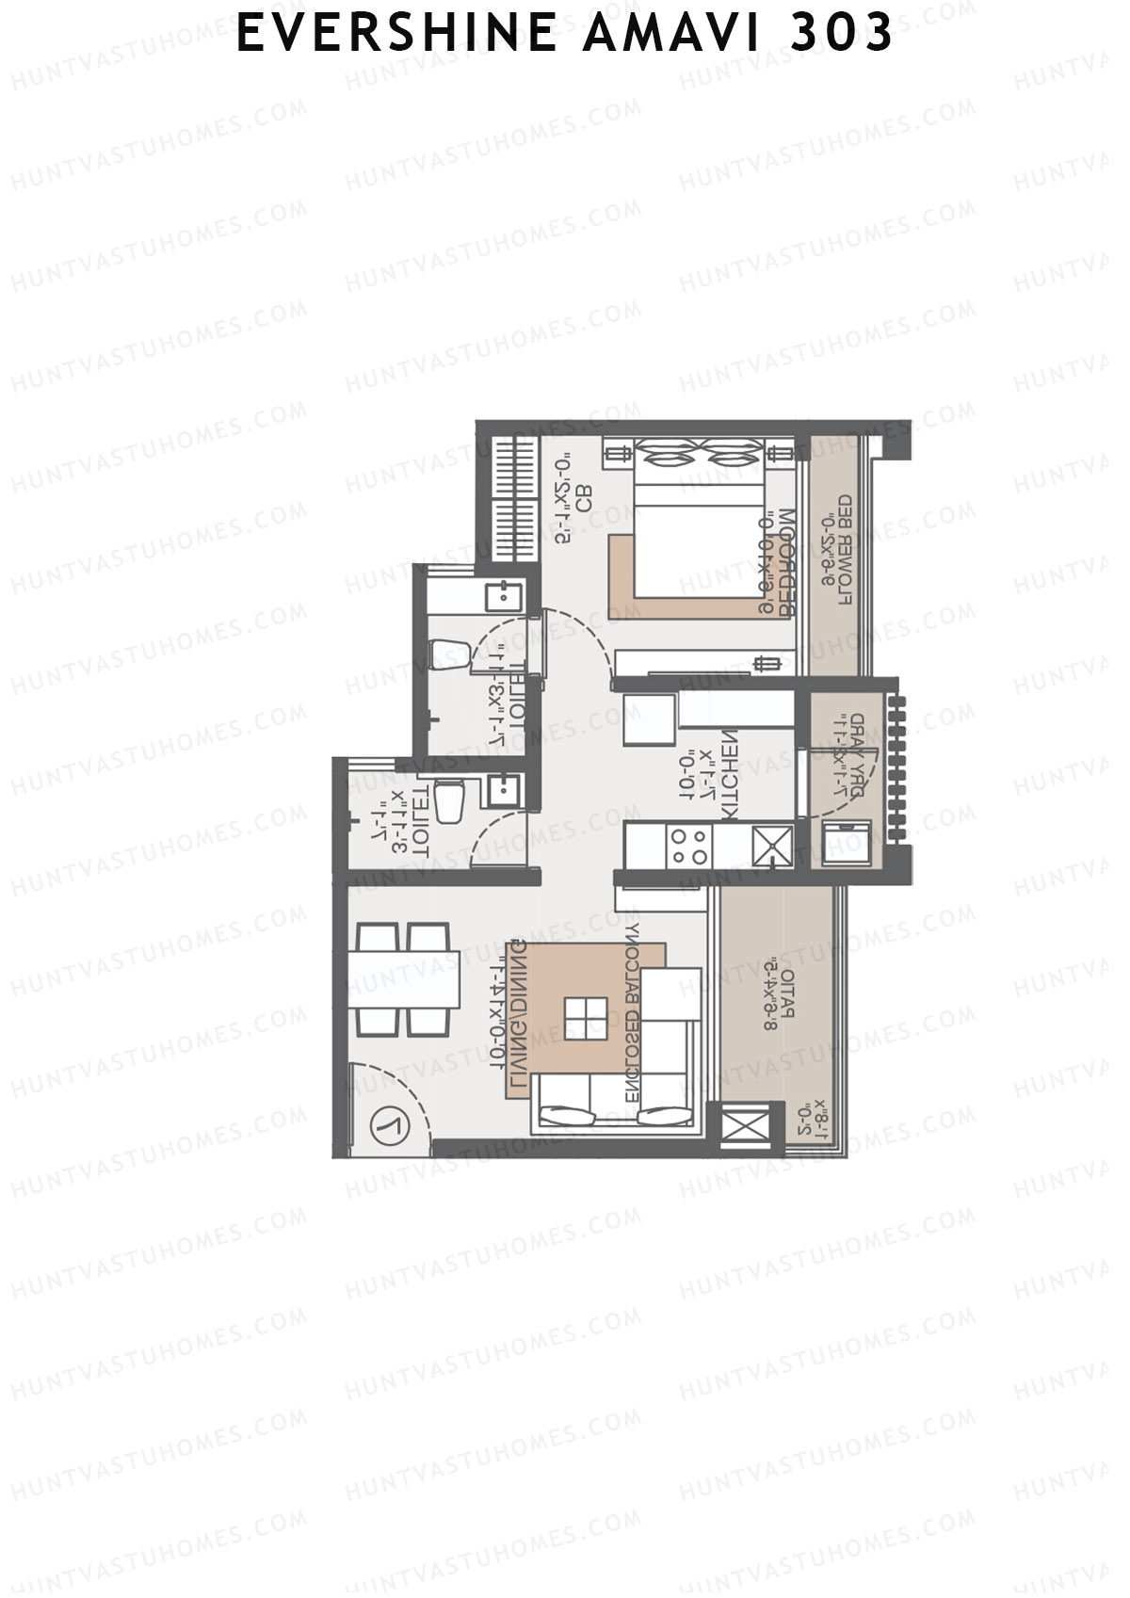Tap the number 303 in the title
point(842,34)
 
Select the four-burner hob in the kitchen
point(690,844)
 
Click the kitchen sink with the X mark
point(772,844)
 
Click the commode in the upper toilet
point(449,654)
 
